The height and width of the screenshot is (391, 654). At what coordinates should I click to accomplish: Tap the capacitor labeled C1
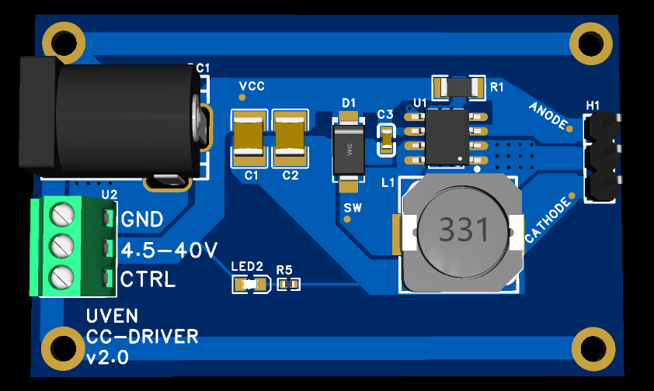coord(249,138)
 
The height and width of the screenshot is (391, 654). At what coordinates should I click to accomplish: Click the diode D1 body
coord(348,151)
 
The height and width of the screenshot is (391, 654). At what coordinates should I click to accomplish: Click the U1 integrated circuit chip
coord(447,136)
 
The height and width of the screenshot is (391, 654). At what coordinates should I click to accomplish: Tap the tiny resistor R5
coord(287,285)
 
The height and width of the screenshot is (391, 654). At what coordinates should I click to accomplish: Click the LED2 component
coord(250,285)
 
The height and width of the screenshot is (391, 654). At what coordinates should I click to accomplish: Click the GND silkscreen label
coord(142,220)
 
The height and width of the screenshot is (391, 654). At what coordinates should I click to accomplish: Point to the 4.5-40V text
coord(169,250)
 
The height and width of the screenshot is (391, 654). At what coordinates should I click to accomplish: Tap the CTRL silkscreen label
coord(148,279)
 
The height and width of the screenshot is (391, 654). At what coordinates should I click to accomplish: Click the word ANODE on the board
coord(549,116)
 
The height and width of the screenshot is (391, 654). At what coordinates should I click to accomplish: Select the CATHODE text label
coord(548,219)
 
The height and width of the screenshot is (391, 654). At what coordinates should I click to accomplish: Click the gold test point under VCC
coord(242,98)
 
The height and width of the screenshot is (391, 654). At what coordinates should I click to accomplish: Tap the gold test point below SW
coord(348,220)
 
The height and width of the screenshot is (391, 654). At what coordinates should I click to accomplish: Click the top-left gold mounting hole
coord(63,43)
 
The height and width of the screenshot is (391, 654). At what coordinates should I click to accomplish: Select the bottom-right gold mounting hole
coord(592,348)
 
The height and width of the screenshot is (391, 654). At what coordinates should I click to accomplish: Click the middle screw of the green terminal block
coord(60,247)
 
